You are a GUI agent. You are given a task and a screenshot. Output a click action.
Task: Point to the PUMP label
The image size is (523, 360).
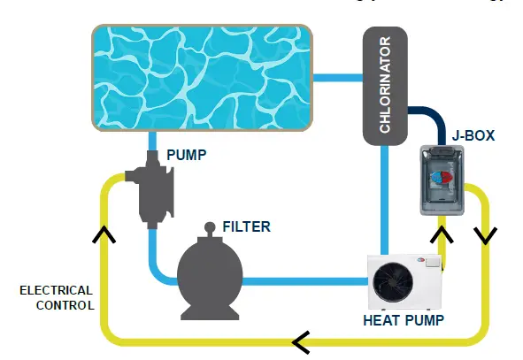click(186, 156)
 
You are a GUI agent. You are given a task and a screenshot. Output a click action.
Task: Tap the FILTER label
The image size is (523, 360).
click(246, 227)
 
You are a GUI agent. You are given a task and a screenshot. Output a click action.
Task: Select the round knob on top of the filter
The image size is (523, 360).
click(210, 227)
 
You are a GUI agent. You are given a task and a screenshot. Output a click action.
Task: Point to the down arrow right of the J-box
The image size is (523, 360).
click(487, 234)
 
